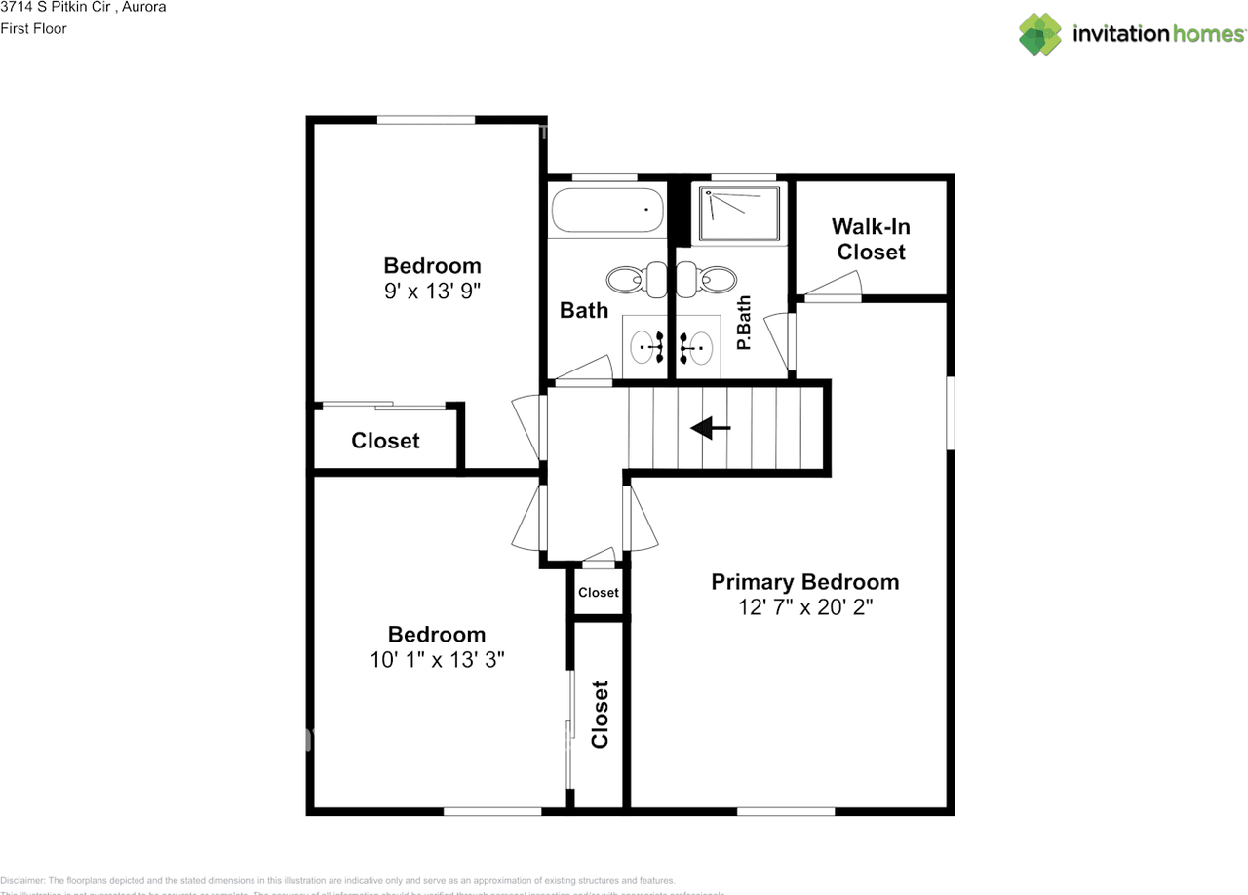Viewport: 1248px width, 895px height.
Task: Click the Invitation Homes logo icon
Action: [x=1040, y=34]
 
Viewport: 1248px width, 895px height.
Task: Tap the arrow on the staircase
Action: [x=710, y=427]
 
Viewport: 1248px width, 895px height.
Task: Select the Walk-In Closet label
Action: [x=871, y=239]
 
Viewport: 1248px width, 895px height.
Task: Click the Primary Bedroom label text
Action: [x=804, y=582]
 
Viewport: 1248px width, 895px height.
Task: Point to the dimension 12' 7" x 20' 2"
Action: [x=804, y=607]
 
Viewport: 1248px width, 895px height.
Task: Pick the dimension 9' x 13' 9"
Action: [x=432, y=291]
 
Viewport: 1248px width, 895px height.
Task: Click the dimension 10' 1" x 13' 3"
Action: [x=437, y=659]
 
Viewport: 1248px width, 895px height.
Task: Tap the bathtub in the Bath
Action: [x=607, y=210]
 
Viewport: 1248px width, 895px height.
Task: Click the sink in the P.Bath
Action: [x=696, y=344]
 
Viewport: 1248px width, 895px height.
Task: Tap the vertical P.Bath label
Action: [x=744, y=324]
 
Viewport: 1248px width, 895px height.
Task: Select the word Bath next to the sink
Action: [x=583, y=310]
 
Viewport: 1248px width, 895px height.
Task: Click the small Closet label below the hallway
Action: [x=598, y=592]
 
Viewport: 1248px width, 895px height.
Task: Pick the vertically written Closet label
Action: [x=600, y=714]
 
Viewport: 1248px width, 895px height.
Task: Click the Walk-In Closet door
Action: [x=832, y=287]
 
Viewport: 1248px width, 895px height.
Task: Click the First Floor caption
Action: [x=34, y=28]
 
